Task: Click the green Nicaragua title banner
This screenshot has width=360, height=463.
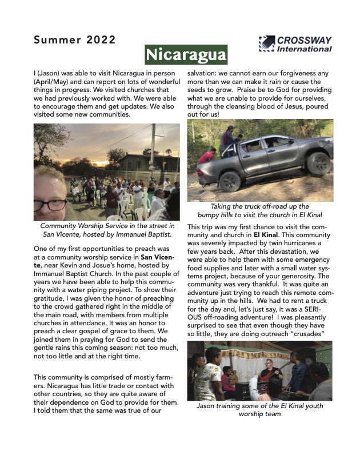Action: [186, 55]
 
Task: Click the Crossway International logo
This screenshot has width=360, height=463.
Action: [295, 44]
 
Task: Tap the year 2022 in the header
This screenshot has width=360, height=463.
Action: [101, 40]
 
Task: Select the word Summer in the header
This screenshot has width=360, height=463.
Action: [56, 40]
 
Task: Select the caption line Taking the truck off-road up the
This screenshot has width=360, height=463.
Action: [260, 206]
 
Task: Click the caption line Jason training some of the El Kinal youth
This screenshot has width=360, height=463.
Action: [260, 406]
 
